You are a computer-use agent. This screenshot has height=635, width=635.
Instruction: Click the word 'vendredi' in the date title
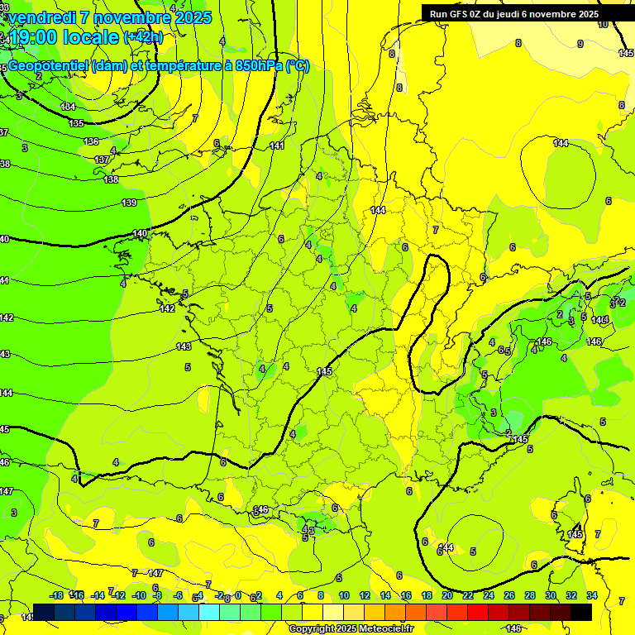coord(41,17)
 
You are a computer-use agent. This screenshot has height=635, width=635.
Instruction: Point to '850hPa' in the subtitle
coord(259,66)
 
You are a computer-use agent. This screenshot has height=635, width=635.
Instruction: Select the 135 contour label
coord(76,123)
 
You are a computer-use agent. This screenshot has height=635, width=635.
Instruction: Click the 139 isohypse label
coord(129,203)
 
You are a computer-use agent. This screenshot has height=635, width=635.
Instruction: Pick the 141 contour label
coord(277,146)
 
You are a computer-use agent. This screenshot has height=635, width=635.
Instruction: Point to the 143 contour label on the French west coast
coord(184,346)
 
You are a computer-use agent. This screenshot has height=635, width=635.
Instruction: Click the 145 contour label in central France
coord(324,372)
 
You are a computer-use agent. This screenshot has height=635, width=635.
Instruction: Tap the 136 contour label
coord(91,141)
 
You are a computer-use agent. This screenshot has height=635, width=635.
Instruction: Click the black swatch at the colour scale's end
coord(581,612)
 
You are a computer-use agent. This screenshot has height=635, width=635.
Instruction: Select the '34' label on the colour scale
coord(592,595)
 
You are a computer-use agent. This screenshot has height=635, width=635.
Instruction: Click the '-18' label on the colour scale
coord(56,595)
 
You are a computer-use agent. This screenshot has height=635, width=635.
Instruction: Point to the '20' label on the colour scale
coord(447,595)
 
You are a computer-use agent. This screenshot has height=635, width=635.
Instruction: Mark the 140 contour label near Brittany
coord(141,233)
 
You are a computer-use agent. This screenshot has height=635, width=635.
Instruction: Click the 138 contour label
coord(111,179)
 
